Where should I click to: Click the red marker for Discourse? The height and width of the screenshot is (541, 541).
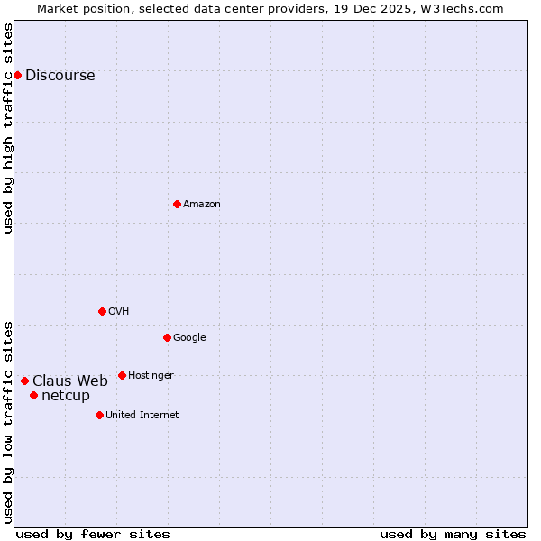[17, 75]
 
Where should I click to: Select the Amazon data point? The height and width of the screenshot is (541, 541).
[177, 204]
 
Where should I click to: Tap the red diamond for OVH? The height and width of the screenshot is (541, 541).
[102, 311]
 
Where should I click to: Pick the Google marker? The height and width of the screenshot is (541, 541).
[167, 337]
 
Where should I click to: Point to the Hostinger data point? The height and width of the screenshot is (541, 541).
[122, 375]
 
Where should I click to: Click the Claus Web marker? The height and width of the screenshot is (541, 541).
[24, 381]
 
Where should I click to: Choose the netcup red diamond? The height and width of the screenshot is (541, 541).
[33, 395]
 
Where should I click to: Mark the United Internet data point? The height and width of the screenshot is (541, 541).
[99, 415]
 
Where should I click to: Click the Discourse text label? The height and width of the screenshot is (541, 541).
[60, 76]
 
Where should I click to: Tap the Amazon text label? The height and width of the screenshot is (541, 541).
[202, 205]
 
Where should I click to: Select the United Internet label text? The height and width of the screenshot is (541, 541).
[142, 416]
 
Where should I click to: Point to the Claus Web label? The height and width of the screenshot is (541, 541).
[70, 381]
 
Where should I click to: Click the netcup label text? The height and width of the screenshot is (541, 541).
[66, 396]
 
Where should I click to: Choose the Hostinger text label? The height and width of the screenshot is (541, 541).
[151, 376]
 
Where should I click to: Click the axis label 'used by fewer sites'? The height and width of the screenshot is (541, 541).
[93, 534]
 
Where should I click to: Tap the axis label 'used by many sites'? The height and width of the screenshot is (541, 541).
[453, 534]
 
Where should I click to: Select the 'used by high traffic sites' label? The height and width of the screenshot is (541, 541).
[9, 128]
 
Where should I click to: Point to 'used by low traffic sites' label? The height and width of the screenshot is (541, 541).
[9, 421]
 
